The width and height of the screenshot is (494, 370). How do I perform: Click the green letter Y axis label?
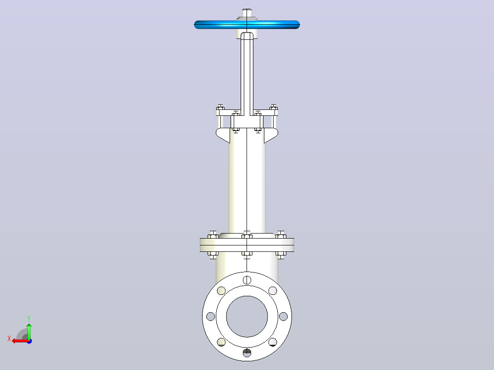tap(29, 319)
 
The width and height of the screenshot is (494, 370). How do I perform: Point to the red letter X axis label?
tap(9, 338)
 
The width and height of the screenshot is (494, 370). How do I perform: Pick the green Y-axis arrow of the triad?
tap(29, 331)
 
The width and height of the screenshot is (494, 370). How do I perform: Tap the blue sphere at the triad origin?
tap(29, 341)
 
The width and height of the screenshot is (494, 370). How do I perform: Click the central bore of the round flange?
tap(247, 316)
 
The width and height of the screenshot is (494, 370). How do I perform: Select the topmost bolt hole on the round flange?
tap(247, 280)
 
